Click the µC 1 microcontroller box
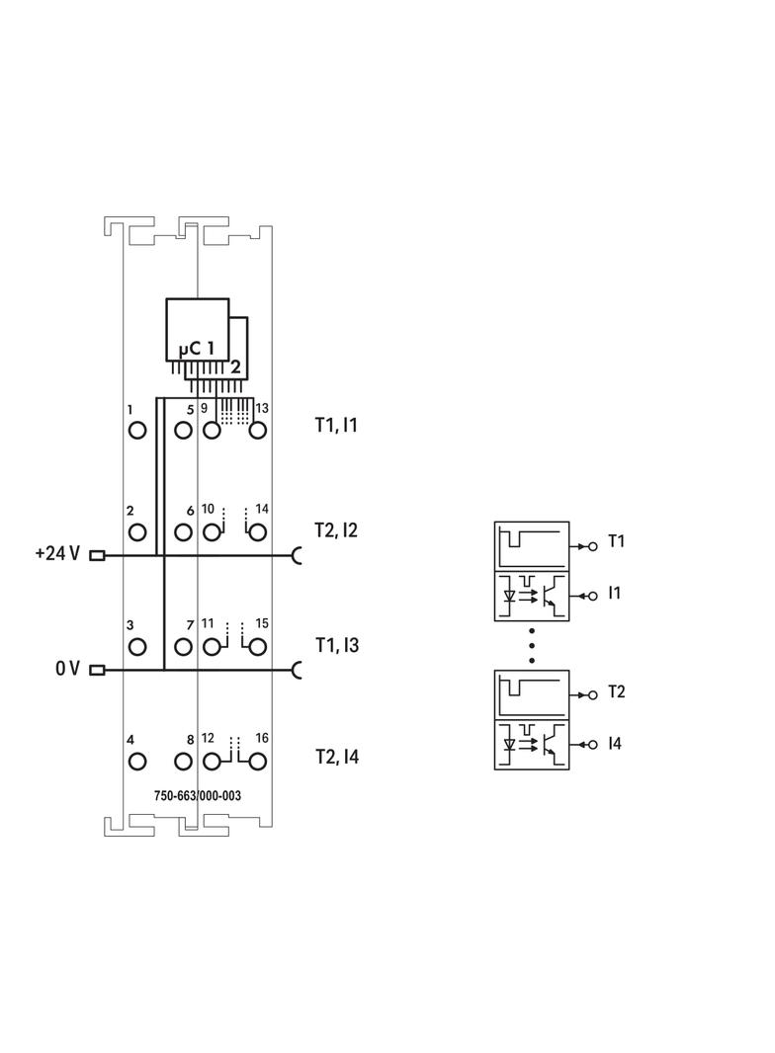[x=197, y=330]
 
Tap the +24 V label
[x=56, y=554]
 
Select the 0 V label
[x=67, y=670]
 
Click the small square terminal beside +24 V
[x=97, y=555]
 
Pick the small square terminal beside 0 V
[x=97, y=671]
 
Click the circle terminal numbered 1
[x=137, y=430]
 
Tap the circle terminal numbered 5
[x=182, y=430]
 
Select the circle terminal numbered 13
[x=257, y=430]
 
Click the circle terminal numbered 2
[x=137, y=532]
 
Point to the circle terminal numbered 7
[x=182, y=647]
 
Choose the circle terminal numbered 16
[x=257, y=762]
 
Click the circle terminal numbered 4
[x=137, y=762]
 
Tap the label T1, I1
[x=336, y=426]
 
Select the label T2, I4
[x=337, y=758]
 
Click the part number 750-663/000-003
[x=198, y=795]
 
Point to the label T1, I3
[x=337, y=645]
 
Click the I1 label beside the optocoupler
[x=615, y=594]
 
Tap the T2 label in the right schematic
[x=616, y=691]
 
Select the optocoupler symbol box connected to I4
[x=532, y=746]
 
